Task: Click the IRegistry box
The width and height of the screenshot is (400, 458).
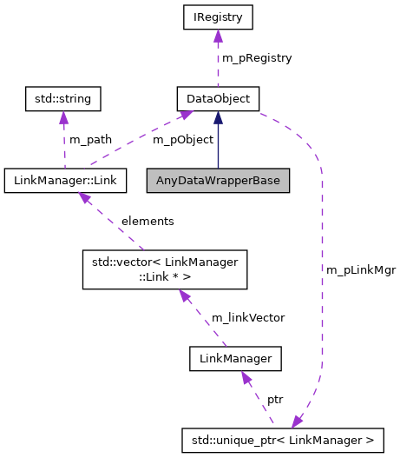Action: [217, 16]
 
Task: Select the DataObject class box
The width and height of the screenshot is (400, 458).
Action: [217, 98]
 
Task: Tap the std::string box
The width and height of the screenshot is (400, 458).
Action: [63, 98]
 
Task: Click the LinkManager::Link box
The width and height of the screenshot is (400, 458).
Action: [65, 181]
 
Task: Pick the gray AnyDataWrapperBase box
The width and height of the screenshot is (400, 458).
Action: [217, 181]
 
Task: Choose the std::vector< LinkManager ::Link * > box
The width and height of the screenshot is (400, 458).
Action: [165, 269]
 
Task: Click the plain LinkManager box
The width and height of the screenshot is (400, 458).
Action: [236, 357]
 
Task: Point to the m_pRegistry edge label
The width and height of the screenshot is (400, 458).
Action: [257, 57]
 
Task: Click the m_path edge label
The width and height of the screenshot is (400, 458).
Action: [90, 140]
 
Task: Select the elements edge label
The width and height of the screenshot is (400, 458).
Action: [148, 221]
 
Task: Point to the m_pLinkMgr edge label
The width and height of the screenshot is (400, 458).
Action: [361, 270]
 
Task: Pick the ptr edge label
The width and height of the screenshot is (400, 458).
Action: [275, 399]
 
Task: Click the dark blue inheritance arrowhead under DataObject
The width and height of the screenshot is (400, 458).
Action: [217, 117]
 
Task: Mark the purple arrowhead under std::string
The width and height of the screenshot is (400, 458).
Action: [63, 118]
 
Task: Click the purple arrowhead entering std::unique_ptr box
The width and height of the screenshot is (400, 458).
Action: [298, 421]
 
